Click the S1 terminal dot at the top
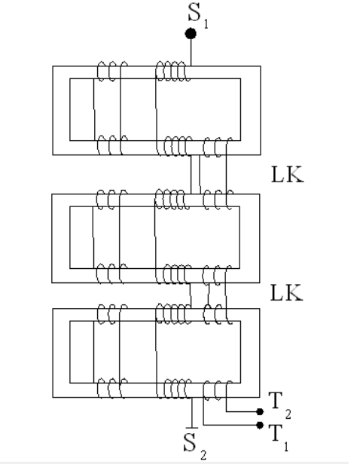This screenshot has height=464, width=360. coord(191,33)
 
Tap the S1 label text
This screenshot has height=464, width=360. coord(198,16)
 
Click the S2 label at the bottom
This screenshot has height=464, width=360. coord(194,446)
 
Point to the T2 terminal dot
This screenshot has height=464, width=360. coord(260,411)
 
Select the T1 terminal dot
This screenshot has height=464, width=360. coord(260,426)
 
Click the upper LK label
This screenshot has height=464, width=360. coord(287,174)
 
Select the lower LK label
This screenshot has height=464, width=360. coord(287,293)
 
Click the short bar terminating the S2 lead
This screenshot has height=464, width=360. coord(192,428)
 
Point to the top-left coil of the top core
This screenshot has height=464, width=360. coord(112,72)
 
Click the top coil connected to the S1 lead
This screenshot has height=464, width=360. coord(172,71)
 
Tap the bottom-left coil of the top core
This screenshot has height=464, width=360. coord(112,145)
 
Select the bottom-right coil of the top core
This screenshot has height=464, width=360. coord(218,147)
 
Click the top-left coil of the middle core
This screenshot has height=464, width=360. coord(111,200)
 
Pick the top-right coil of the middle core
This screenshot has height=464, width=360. coord(218,200)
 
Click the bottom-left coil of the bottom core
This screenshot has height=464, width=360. coord(112,388)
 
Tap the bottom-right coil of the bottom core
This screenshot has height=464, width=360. coord(218,390)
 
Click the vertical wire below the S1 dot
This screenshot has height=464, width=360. coord(191,53)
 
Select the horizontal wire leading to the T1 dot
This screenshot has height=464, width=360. coord(230,426)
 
